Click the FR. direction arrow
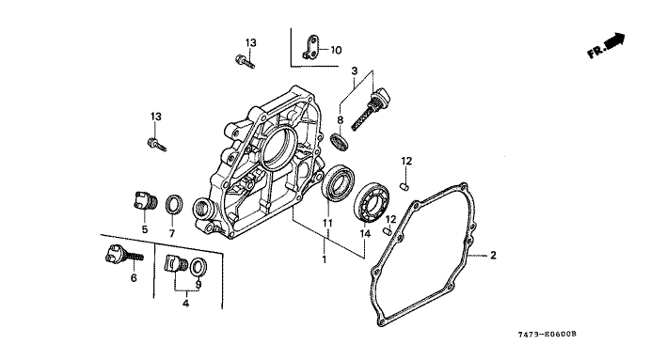click(x=614, y=40)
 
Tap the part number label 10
click(x=336, y=50)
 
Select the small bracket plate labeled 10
click(x=310, y=46)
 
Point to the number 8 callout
click(x=341, y=120)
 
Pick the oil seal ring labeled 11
click(x=339, y=182)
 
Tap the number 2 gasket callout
click(x=493, y=255)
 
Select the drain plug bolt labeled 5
click(x=144, y=202)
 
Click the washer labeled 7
click(x=174, y=205)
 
